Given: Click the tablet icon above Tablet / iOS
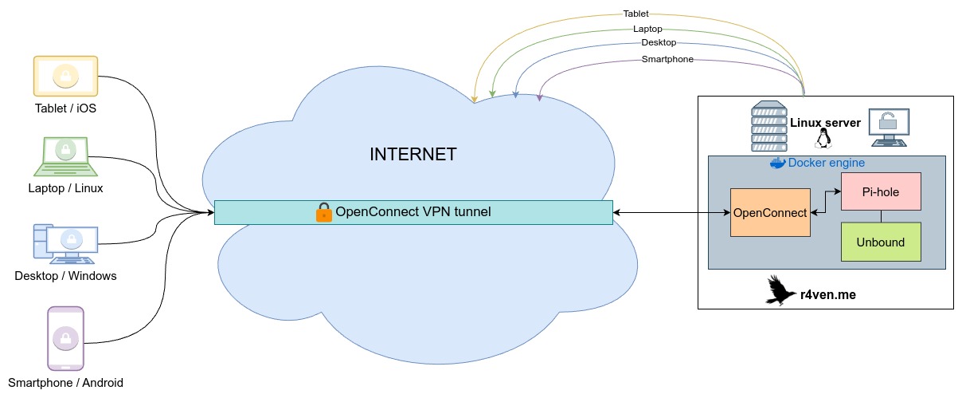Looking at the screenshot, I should click(x=65, y=76).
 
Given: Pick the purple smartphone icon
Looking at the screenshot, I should click(x=65, y=338).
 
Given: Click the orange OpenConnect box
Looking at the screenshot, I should click(x=769, y=213).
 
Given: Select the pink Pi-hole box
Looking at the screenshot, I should click(x=881, y=191).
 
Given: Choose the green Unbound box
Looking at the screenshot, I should click(x=881, y=242).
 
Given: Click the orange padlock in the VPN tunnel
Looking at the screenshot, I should click(x=323, y=212).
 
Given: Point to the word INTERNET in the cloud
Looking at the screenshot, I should click(x=413, y=155).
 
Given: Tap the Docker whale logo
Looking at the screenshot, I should click(x=777, y=163).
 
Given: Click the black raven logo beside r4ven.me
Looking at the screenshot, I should click(x=781, y=291).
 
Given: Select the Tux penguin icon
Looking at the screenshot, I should click(x=823, y=140).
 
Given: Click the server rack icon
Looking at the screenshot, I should click(x=768, y=126).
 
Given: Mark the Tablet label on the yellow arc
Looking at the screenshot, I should click(x=635, y=14).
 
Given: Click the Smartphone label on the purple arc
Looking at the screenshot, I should click(x=667, y=59).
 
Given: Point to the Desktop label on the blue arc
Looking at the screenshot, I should click(x=659, y=42).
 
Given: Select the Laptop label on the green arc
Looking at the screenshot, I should click(x=647, y=28).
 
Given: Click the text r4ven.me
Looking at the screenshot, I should click(x=828, y=294).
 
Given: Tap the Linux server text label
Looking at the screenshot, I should click(x=825, y=123).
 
